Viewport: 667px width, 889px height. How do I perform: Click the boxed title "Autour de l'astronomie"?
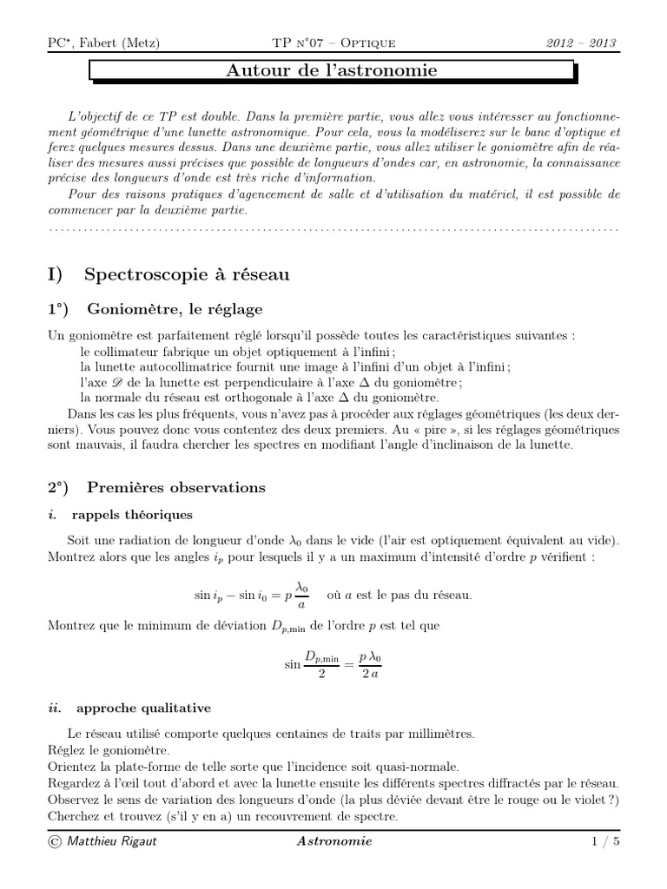[x=332, y=70]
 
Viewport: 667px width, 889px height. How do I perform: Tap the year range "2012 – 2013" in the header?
[x=583, y=43]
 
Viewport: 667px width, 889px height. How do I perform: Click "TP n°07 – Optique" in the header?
[x=334, y=43]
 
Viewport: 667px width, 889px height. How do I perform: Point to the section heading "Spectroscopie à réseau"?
[x=187, y=274]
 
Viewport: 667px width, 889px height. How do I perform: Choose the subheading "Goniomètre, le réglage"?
[x=173, y=310]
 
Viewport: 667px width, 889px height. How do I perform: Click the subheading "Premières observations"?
[x=176, y=487]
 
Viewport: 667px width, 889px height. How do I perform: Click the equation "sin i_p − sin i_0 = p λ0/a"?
[x=250, y=596]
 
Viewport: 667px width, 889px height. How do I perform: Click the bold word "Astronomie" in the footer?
[x=334, y=841]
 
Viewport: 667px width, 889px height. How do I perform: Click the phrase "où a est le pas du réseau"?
[x=399, y=596]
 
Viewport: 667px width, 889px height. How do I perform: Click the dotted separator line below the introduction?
[x=333, y=229]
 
